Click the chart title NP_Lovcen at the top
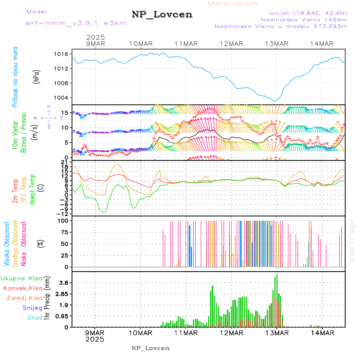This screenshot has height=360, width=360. [x=162, y=15]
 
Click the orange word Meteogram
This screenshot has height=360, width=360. [x=233, y=4]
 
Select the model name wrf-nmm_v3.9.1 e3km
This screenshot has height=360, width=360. [x=76, y=23]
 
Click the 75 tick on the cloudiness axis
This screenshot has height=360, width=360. [x=64, y=232]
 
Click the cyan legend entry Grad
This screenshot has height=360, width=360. [x=35, y=318]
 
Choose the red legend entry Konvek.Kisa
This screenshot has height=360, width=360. [x=22, y=288]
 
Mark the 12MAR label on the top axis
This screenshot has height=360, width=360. [x=231, y=44]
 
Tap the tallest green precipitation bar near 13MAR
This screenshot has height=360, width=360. [x=277, y=300]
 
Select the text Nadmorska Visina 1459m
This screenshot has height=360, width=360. [x=304, y=19]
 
